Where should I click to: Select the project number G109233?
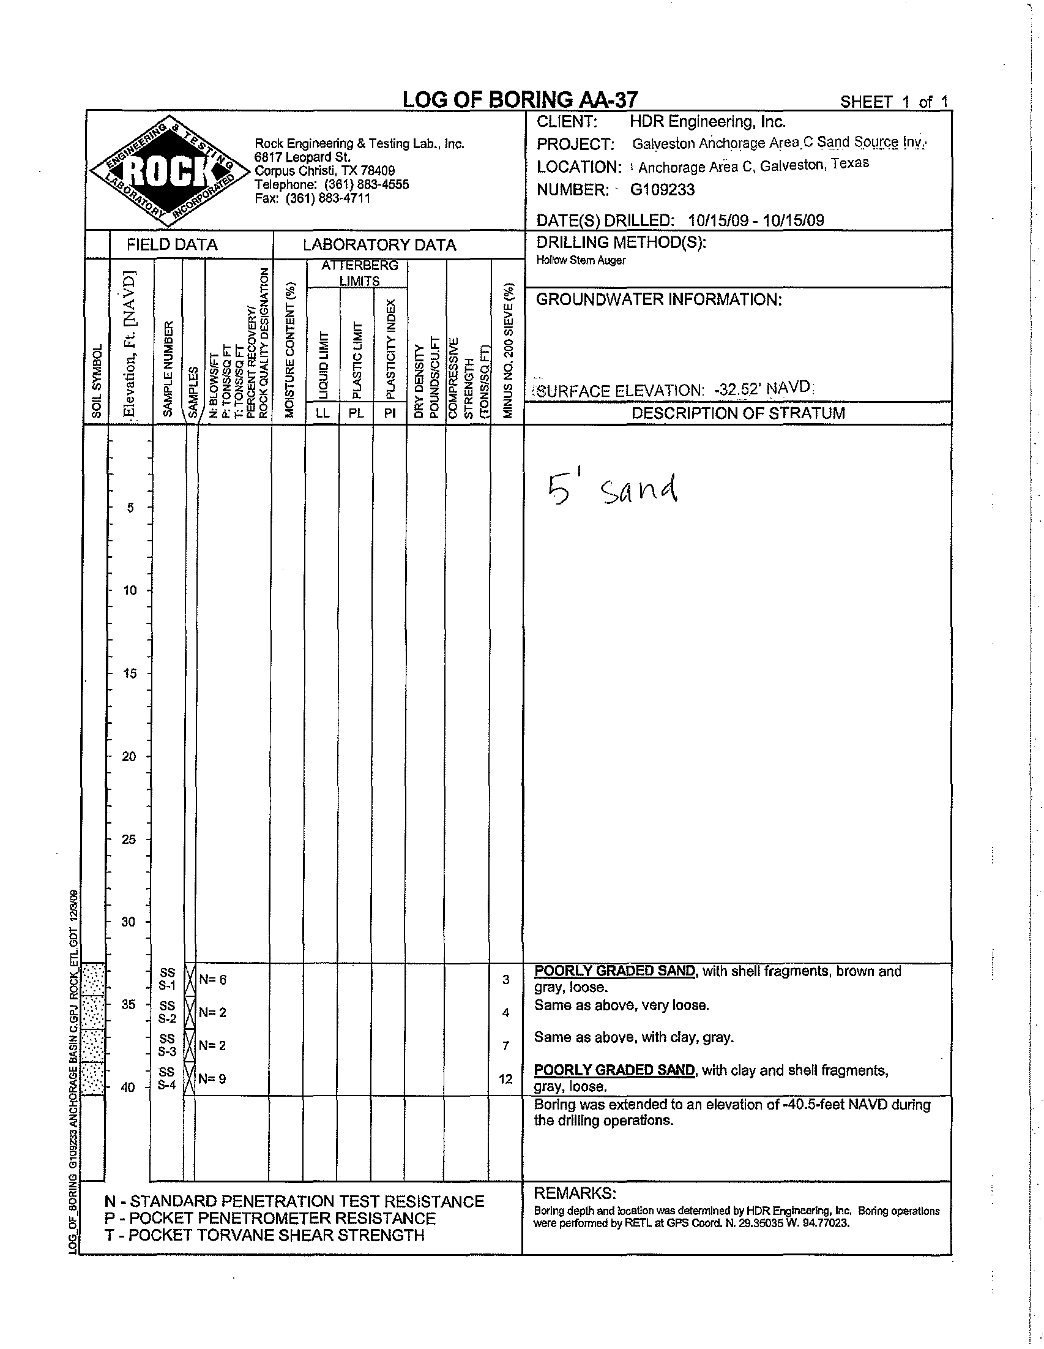662,190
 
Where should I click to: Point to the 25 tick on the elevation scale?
129,839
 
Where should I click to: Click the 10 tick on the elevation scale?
130,590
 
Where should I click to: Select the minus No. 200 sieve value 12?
505,1079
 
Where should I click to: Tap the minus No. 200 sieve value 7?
505,1046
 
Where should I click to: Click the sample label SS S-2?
167,1012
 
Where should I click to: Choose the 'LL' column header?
323,413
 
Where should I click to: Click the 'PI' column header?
389,413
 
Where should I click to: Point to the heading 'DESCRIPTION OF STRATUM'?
738,413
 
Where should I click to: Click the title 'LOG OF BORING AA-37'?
520,99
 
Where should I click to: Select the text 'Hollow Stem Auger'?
580,261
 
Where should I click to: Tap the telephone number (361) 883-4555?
366,185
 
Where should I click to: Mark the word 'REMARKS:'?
575,1193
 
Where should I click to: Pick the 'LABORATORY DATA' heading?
379,245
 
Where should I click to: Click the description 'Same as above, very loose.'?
622,1005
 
